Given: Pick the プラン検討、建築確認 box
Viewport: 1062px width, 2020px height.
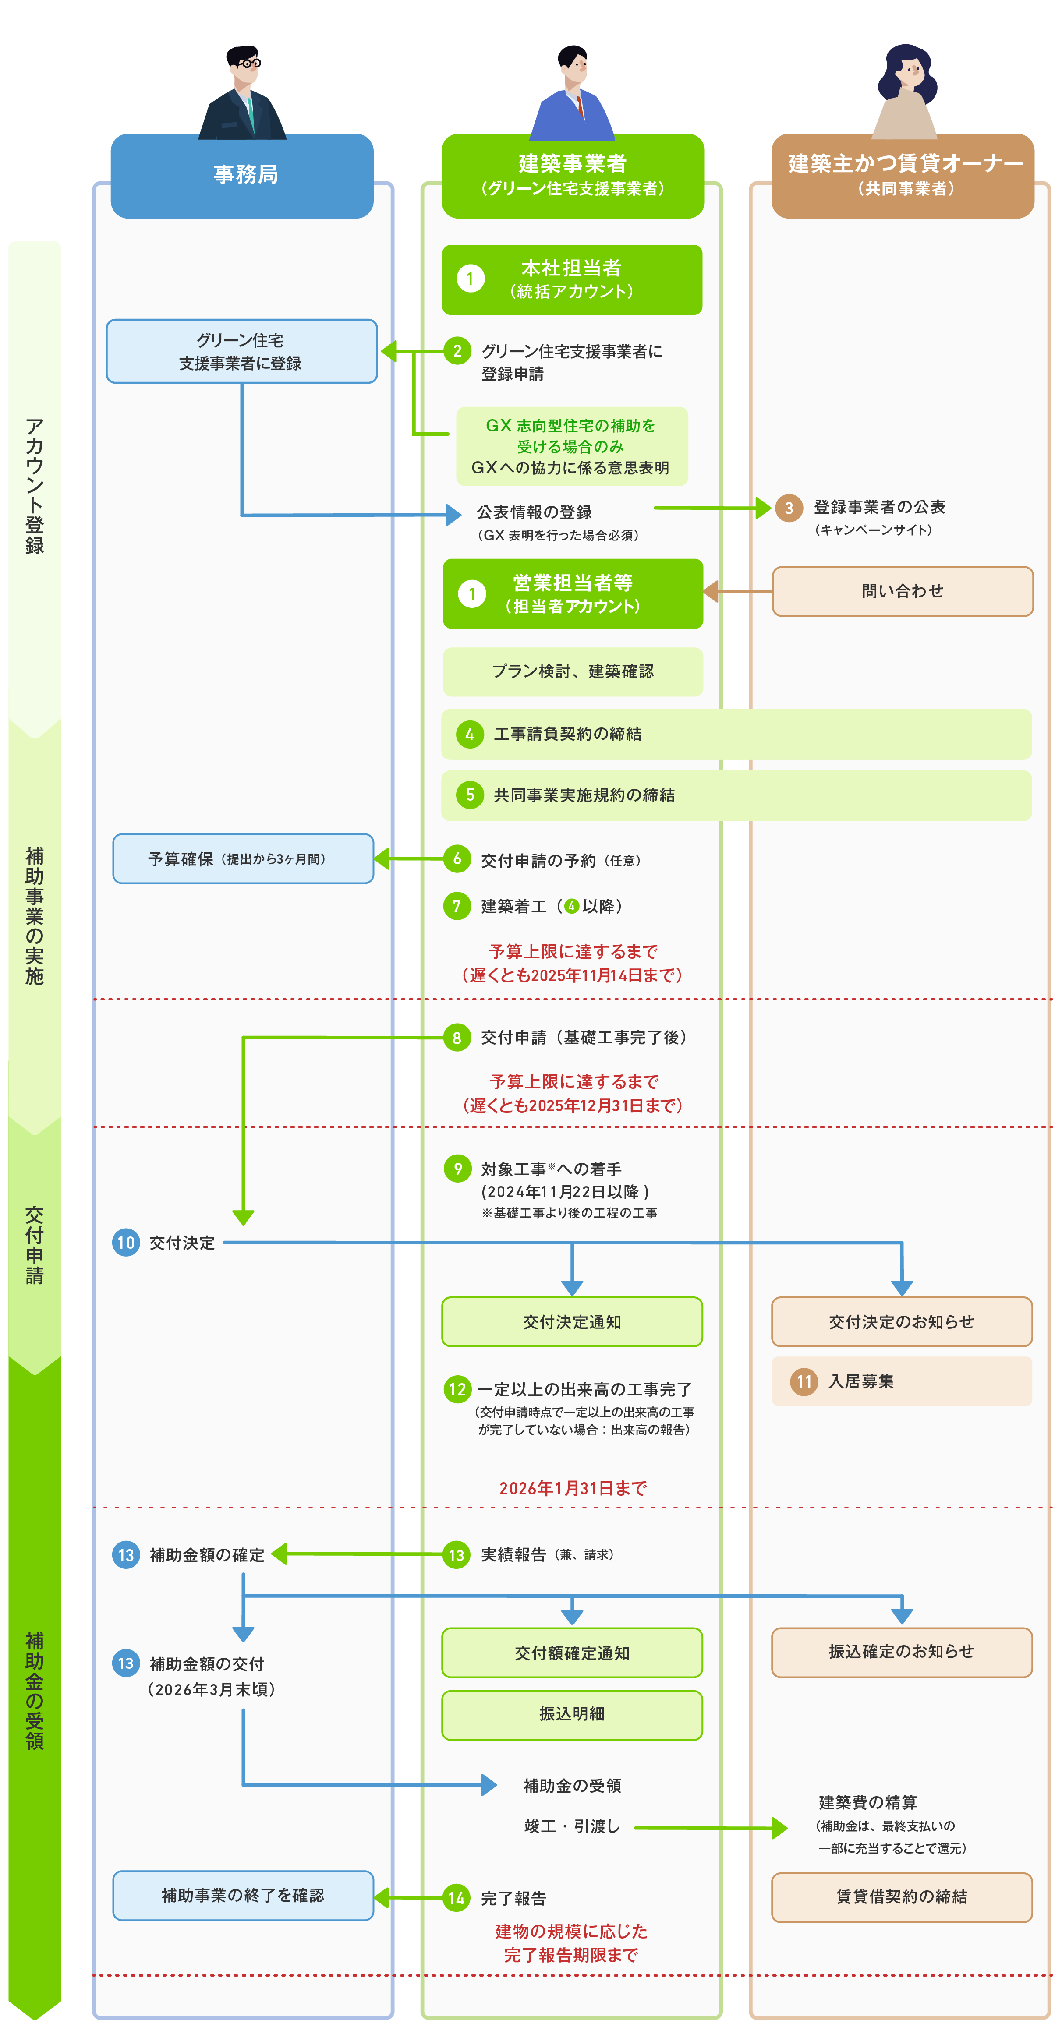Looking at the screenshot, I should click(x=573, y=671).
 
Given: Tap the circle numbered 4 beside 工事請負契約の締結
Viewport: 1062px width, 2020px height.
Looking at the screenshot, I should click(x=469, y=734).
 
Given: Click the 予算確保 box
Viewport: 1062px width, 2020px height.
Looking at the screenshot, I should click(x=243, y=858).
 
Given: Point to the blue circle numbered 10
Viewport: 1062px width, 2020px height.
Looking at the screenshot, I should click(x=125, y=1242).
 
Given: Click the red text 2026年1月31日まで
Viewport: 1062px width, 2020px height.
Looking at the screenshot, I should click(x=573, y=1488).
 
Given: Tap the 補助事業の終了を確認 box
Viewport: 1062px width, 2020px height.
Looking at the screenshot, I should click(x=243, y=1895).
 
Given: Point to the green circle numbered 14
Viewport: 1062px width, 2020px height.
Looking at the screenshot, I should click(x=457, y=1898).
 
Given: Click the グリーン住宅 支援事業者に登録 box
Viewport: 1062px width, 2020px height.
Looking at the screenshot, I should click(x=241, y=351).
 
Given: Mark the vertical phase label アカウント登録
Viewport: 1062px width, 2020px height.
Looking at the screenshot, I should click(x=35, y=486).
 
